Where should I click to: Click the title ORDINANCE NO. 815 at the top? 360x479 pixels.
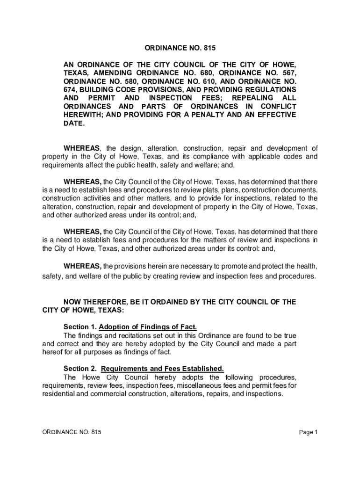click(180, 48)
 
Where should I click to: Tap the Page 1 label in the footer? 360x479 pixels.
click(309, 432)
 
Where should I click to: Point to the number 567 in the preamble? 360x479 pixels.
click(288, 73)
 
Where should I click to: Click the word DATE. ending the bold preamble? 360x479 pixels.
click(74, 123)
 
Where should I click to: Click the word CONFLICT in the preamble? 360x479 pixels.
click(276, 106)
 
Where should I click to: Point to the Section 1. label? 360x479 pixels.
click(79, 327)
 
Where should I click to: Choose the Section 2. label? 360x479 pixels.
click(79, 369)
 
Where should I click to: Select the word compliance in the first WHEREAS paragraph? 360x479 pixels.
click(214, 156)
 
